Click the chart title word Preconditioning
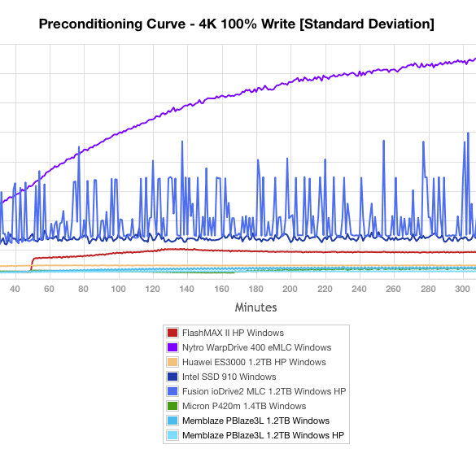coord(90,24)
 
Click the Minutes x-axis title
coord(256,307)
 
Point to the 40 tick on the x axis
coord(15,289)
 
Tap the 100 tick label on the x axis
coord(118,289)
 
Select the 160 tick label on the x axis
coord(221,289)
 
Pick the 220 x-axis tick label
coord(325,289)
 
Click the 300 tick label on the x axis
coord(462,289)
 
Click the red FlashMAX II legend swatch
coord(172,333)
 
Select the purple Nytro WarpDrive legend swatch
coord(172,347)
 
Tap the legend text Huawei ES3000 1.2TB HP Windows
coord(254,362)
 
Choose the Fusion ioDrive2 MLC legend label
coord(264,391)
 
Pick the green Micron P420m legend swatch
coord(172,406)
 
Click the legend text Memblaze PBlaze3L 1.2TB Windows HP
coord(263,435)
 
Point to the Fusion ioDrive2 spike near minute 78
coord(79,147)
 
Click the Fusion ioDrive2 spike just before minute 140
coord(182,142)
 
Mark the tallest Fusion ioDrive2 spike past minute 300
coord(468,133)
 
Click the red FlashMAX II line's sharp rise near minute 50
coord(32,264)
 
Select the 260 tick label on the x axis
coord(393,289)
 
